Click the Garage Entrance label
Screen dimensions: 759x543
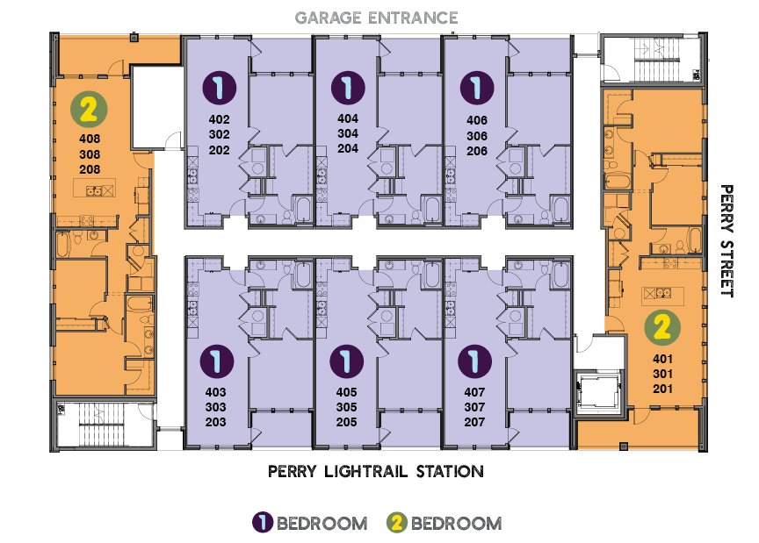(x=377, y=18)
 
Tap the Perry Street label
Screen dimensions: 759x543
(x=726, y=241)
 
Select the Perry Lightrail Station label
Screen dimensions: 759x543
(x=375, y=472)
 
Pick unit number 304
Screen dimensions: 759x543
(x=348, y=134)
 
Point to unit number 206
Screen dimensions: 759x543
(x=476, y=150)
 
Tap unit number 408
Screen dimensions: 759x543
(x=90, y=138)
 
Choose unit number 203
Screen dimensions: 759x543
(x=215, y=422)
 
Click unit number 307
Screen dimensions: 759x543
(x=476, y=407)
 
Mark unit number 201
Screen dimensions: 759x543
(x=662, y=390)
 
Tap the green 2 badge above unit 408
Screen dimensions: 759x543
(x=89, y=110)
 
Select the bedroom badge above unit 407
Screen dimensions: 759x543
(x=476, y=361)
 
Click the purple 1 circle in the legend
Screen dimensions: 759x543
(x=262, y=523)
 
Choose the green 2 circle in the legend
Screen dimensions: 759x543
(x=396, y=523)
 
